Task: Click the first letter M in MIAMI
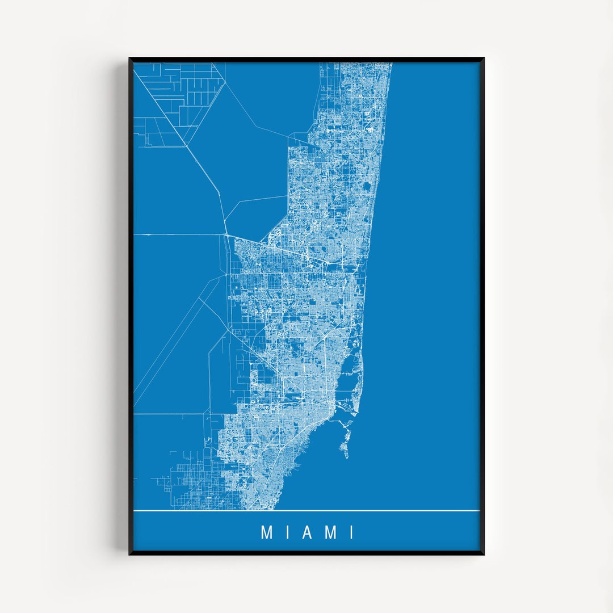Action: click(266, 532)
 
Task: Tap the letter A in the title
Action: click(308, 532)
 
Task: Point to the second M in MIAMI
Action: click(332, 532)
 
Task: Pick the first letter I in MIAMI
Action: click(287, 532)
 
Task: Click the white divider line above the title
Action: click(306, 511)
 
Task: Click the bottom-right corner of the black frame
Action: click(483, 553)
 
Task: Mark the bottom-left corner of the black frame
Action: click(130, 553)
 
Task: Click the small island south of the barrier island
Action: click(345, 448)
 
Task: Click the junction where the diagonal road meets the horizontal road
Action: click(225, 234)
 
